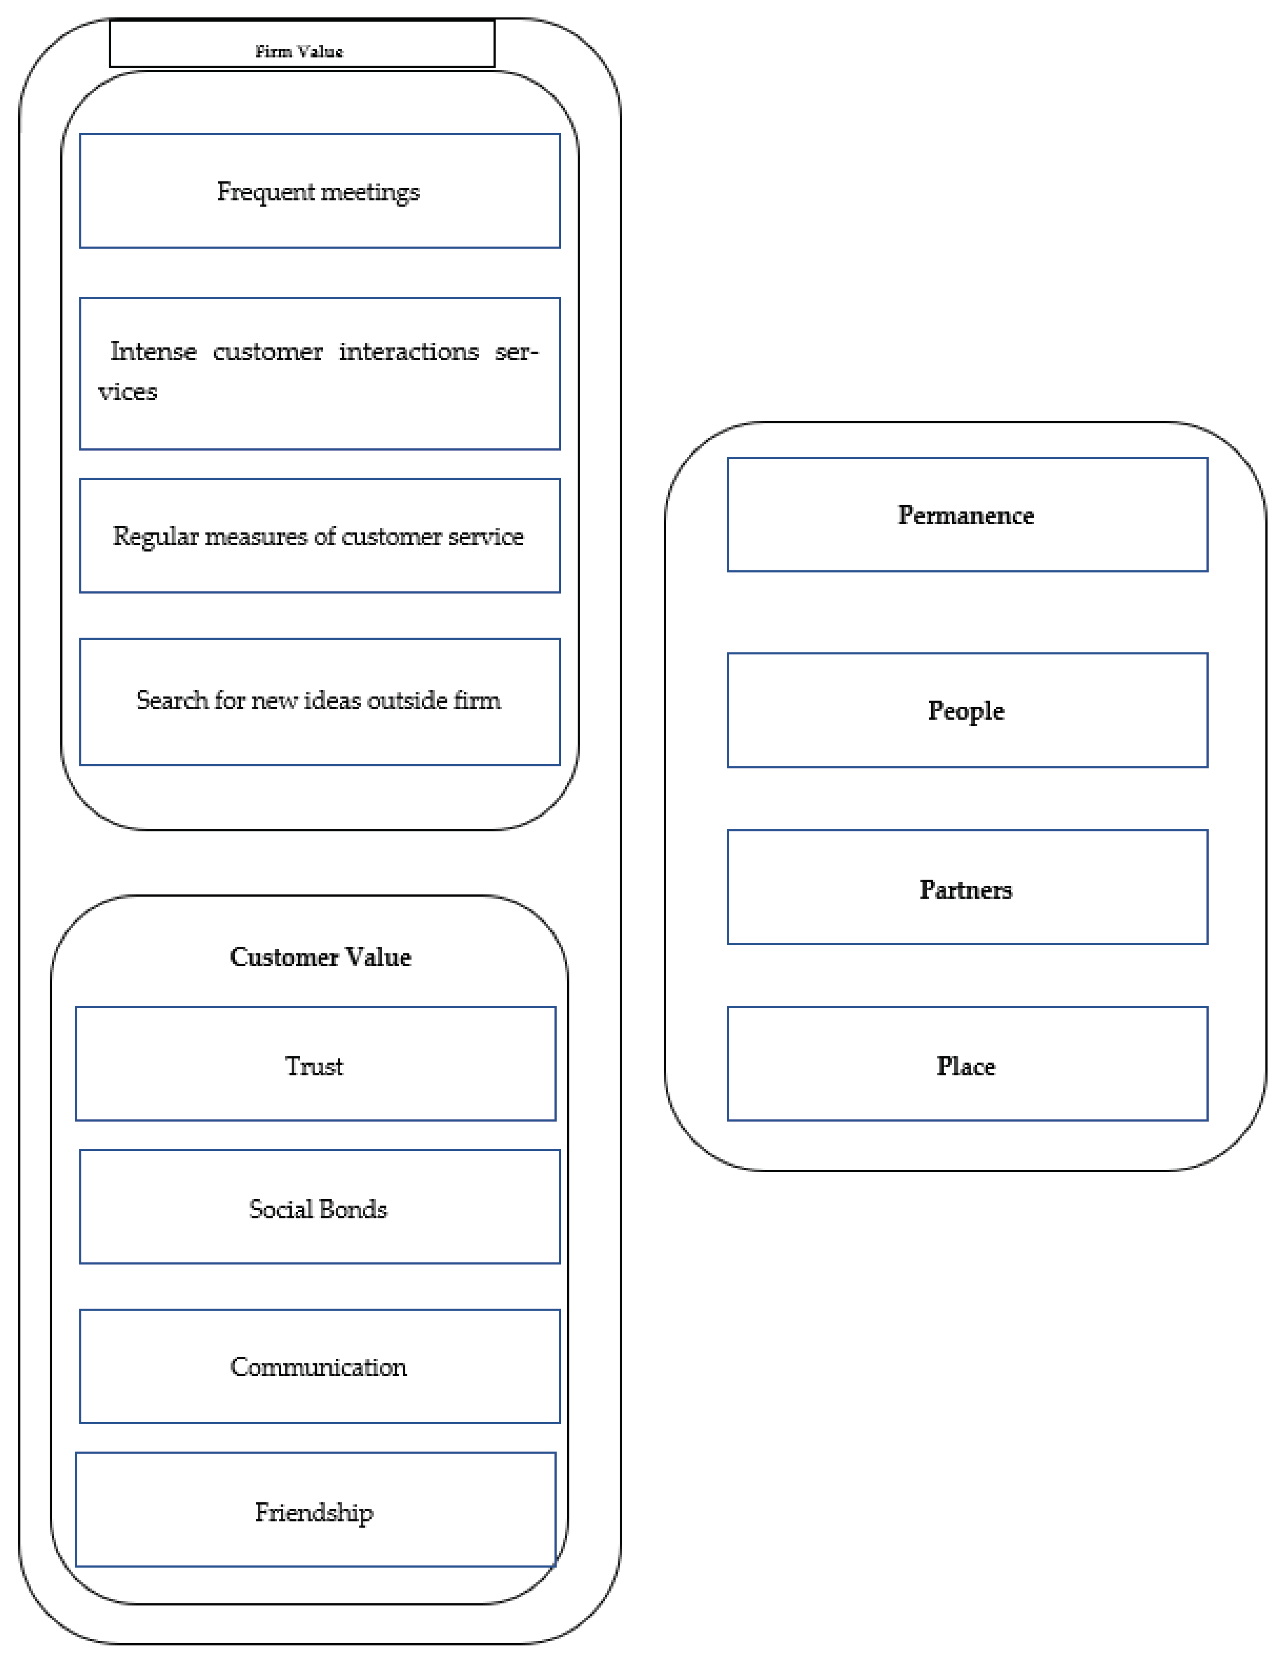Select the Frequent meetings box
point(319,191)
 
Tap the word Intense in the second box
point(153,352)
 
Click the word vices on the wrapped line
point(127,392)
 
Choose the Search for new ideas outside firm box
point(319,701)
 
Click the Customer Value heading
point(320,957)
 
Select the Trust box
point(316,1064)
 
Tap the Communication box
point(319,1366)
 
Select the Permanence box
point(967,515)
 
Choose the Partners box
point(967,887)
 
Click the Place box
point(967,1064)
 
